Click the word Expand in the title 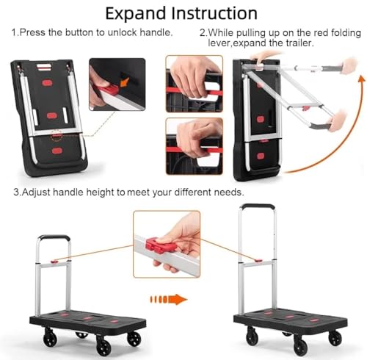(136, 14)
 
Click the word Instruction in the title (214, 13)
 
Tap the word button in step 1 (79, 32)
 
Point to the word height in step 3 (101, 192)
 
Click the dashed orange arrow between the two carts (168, 299)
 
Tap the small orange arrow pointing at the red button (125, 83)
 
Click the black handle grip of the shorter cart (54, 237)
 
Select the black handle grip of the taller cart (257, 206)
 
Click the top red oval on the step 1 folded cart (47, 83)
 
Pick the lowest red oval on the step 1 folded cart (57, 151)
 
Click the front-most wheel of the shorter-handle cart (103, 345)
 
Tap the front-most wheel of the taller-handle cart (301, 346)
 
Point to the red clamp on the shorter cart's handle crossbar (54, 262)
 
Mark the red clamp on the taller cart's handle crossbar (258, 261)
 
